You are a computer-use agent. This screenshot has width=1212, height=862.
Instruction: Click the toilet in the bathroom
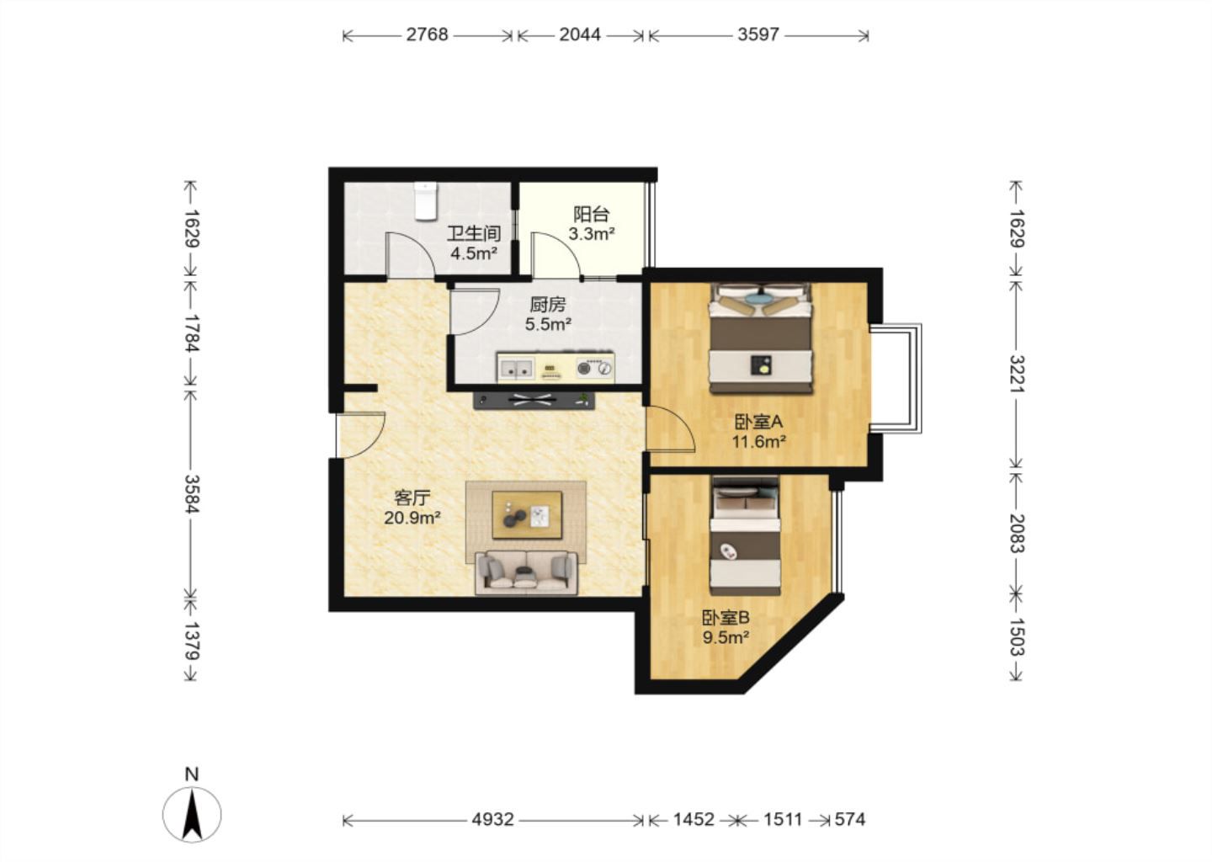click(x=425, y=201)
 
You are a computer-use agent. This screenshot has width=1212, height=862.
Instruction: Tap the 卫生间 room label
click(x=474, y=234)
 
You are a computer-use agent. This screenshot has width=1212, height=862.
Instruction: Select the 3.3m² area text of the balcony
click(x=592, y=234)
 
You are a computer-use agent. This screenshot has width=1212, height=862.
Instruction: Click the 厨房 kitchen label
click(x=548, y=306)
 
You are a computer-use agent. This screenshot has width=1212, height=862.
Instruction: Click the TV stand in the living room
click(x=534, y=401)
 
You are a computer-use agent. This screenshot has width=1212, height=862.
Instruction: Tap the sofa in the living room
click(x=527, y=573)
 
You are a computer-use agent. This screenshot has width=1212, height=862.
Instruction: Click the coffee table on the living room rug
click(x=527, y=515)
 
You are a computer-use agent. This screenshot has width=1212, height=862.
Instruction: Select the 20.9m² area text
click(x=412, y=519)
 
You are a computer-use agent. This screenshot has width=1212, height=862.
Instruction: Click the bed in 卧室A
click(x=761, y=338)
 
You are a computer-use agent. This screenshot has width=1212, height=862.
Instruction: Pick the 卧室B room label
click(x=726, y=617)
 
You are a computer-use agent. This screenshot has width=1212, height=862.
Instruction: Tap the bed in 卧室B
click(x=746, y=535)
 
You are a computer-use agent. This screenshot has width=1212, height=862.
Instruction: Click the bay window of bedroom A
click(x=895, y=379)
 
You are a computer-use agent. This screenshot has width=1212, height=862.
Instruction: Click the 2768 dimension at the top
click(x=428, y=35)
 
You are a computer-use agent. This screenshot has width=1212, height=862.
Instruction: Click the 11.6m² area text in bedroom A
click(x=758, y=442)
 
